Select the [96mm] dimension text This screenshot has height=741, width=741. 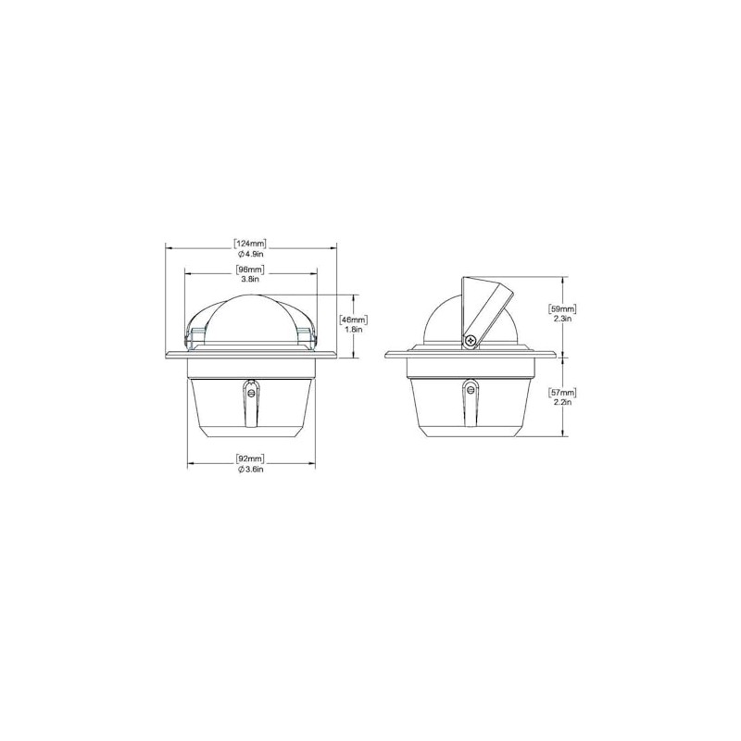click(250, 270)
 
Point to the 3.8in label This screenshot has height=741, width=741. click(250, 279)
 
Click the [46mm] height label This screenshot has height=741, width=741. click(353, 319)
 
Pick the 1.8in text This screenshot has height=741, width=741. click(353, 329)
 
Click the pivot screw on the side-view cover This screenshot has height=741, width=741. click(471, 341)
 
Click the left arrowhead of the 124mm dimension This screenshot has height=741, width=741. click(169, 246)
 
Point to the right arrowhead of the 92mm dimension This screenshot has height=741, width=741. click(311, 463)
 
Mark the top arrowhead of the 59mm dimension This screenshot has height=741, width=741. click(564, 279)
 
